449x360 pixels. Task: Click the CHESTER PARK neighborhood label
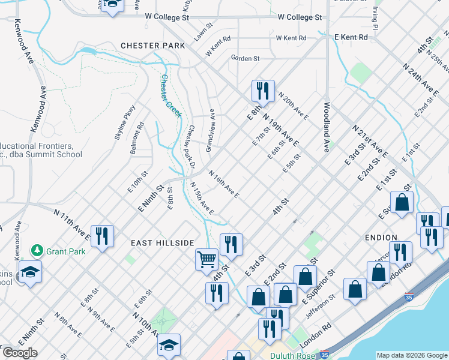coord(148,46)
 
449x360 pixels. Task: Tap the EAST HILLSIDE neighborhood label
coord(163,242)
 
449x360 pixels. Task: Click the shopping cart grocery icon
coord(206,260)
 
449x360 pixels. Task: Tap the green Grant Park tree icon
coord(37,250)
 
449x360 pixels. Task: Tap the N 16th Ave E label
coord(224,184)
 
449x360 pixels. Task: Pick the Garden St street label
coord(245,58)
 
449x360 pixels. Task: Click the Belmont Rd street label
coord(137,139)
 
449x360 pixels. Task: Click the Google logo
coord(19,353)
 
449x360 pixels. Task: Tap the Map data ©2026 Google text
coord(411,355)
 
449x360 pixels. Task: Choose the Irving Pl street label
coord(375,19)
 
